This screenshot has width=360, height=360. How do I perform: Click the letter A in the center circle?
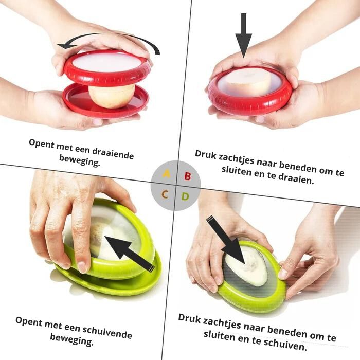coord(166,174)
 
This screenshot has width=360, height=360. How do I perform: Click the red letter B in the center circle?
coord(188,176)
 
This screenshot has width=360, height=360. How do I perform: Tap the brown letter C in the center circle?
coord(165,194)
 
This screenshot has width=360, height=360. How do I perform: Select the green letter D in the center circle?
coord(185,196)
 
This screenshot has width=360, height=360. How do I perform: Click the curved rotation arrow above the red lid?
coord(108,40)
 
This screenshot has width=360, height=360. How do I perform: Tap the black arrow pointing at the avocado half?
coord(226,240)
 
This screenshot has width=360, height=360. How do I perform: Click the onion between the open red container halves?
coord(112,96)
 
